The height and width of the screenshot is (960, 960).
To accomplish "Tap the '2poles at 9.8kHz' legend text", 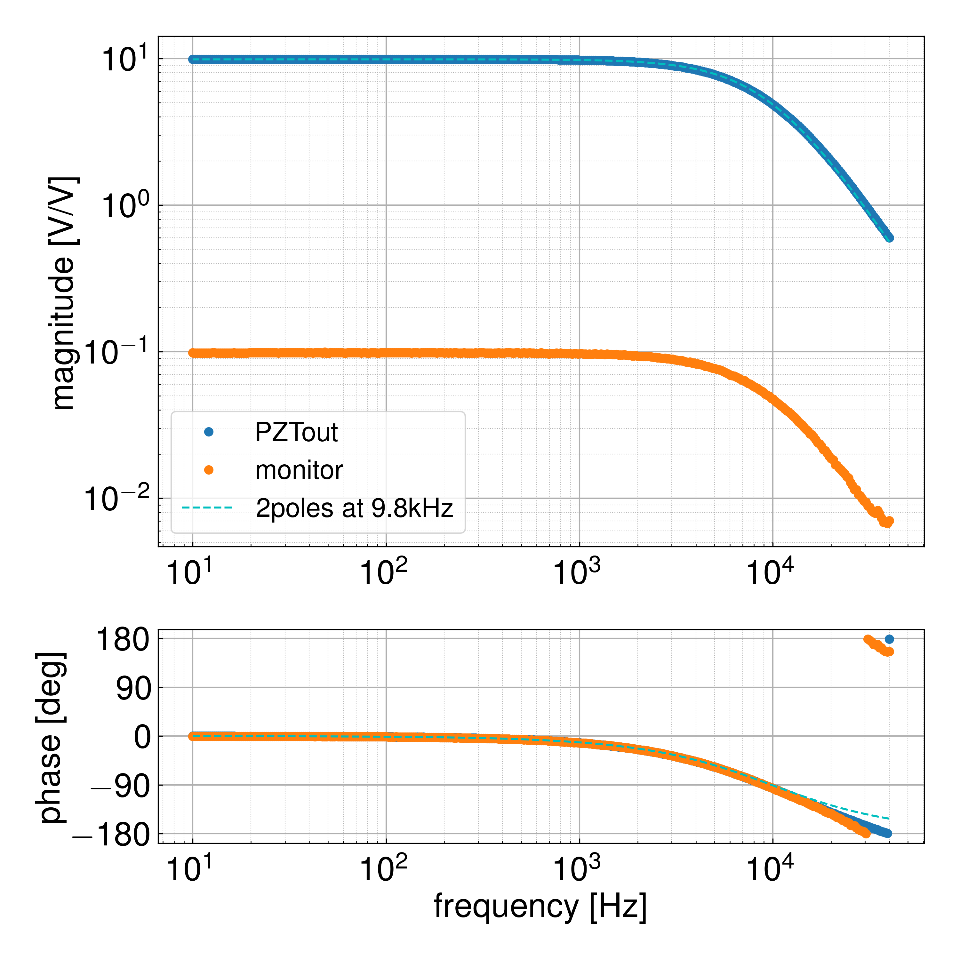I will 354,508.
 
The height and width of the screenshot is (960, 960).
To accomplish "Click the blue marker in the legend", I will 209,432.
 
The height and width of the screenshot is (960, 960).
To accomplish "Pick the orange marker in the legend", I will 209,470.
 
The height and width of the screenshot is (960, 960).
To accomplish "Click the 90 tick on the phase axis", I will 133,689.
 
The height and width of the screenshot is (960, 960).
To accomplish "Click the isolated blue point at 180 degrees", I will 889,639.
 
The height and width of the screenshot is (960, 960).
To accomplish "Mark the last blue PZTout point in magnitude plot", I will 889,238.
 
